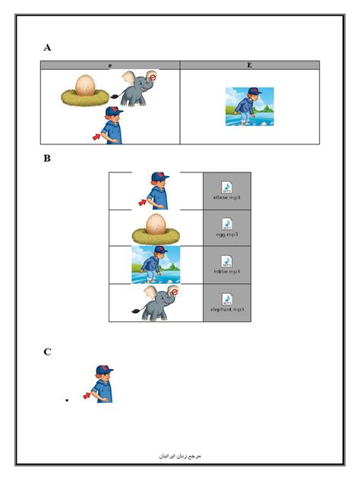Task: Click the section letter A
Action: click(48, 47)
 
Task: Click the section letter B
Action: click(48, 159)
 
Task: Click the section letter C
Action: click(48, 351)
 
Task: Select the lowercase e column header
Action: click(110, 66)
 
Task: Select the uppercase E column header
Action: click(249, 66)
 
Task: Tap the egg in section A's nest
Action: click(85, 86)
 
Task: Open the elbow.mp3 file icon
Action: click(226, 186)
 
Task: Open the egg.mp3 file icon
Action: click(226, 223)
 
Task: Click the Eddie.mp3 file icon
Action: click(226, 261)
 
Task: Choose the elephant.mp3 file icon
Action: click(226, 298)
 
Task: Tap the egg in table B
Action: click(156, 223)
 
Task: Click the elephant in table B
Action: click(156, 302)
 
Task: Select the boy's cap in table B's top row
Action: click(160, 177)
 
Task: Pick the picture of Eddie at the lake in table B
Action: click(156, 264)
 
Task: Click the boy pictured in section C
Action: click(103, 384)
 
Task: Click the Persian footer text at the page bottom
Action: click(179, 457)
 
